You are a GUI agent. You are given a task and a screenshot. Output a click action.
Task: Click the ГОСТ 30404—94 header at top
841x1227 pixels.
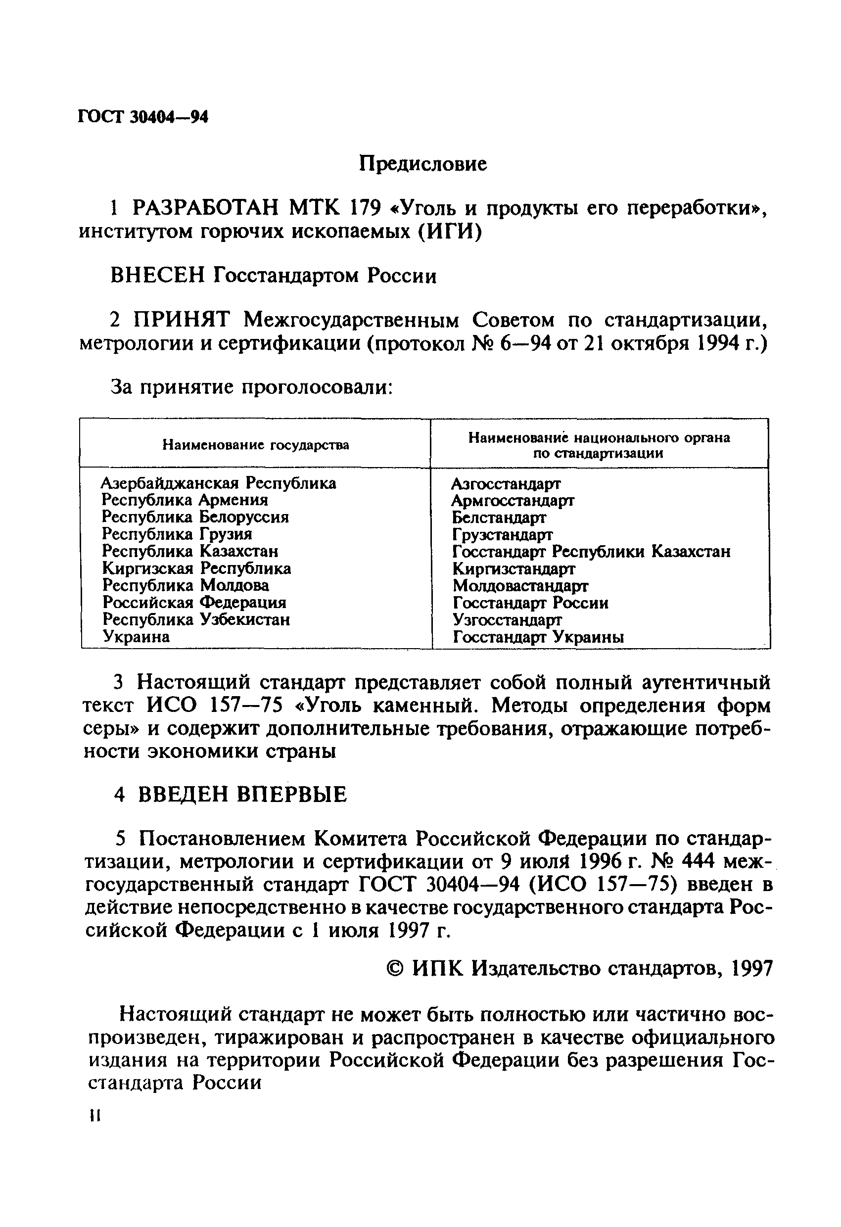(x=143, y=117)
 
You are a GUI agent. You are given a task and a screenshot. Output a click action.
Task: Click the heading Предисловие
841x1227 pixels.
(x=423, y=164)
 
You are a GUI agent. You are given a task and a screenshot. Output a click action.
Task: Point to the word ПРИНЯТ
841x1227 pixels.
(x=182, y=320)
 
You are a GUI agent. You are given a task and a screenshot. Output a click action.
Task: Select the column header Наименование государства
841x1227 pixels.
(x=256, y=445)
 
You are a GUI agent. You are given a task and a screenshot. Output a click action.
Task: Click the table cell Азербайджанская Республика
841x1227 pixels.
(x=219, y=483)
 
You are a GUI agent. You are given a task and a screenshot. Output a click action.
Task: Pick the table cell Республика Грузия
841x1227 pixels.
(x=177, y=534)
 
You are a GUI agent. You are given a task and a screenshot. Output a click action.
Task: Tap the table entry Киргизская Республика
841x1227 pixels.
(x=196, y=568)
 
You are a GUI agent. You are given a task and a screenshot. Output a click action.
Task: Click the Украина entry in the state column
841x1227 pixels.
(x=136, y=636)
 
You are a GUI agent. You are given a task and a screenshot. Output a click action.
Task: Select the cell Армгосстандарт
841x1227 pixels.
(x=513, y=500)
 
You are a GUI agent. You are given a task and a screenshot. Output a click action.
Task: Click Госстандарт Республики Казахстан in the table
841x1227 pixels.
(x=591, y=551)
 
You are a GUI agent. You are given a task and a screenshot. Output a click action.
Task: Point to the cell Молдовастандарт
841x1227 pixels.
(x=520, y=585)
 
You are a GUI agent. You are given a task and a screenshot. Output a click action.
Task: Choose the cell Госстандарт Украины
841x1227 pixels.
(x=539, y=637)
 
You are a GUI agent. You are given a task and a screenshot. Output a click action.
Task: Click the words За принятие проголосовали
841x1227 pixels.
(x=251, y=387)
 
